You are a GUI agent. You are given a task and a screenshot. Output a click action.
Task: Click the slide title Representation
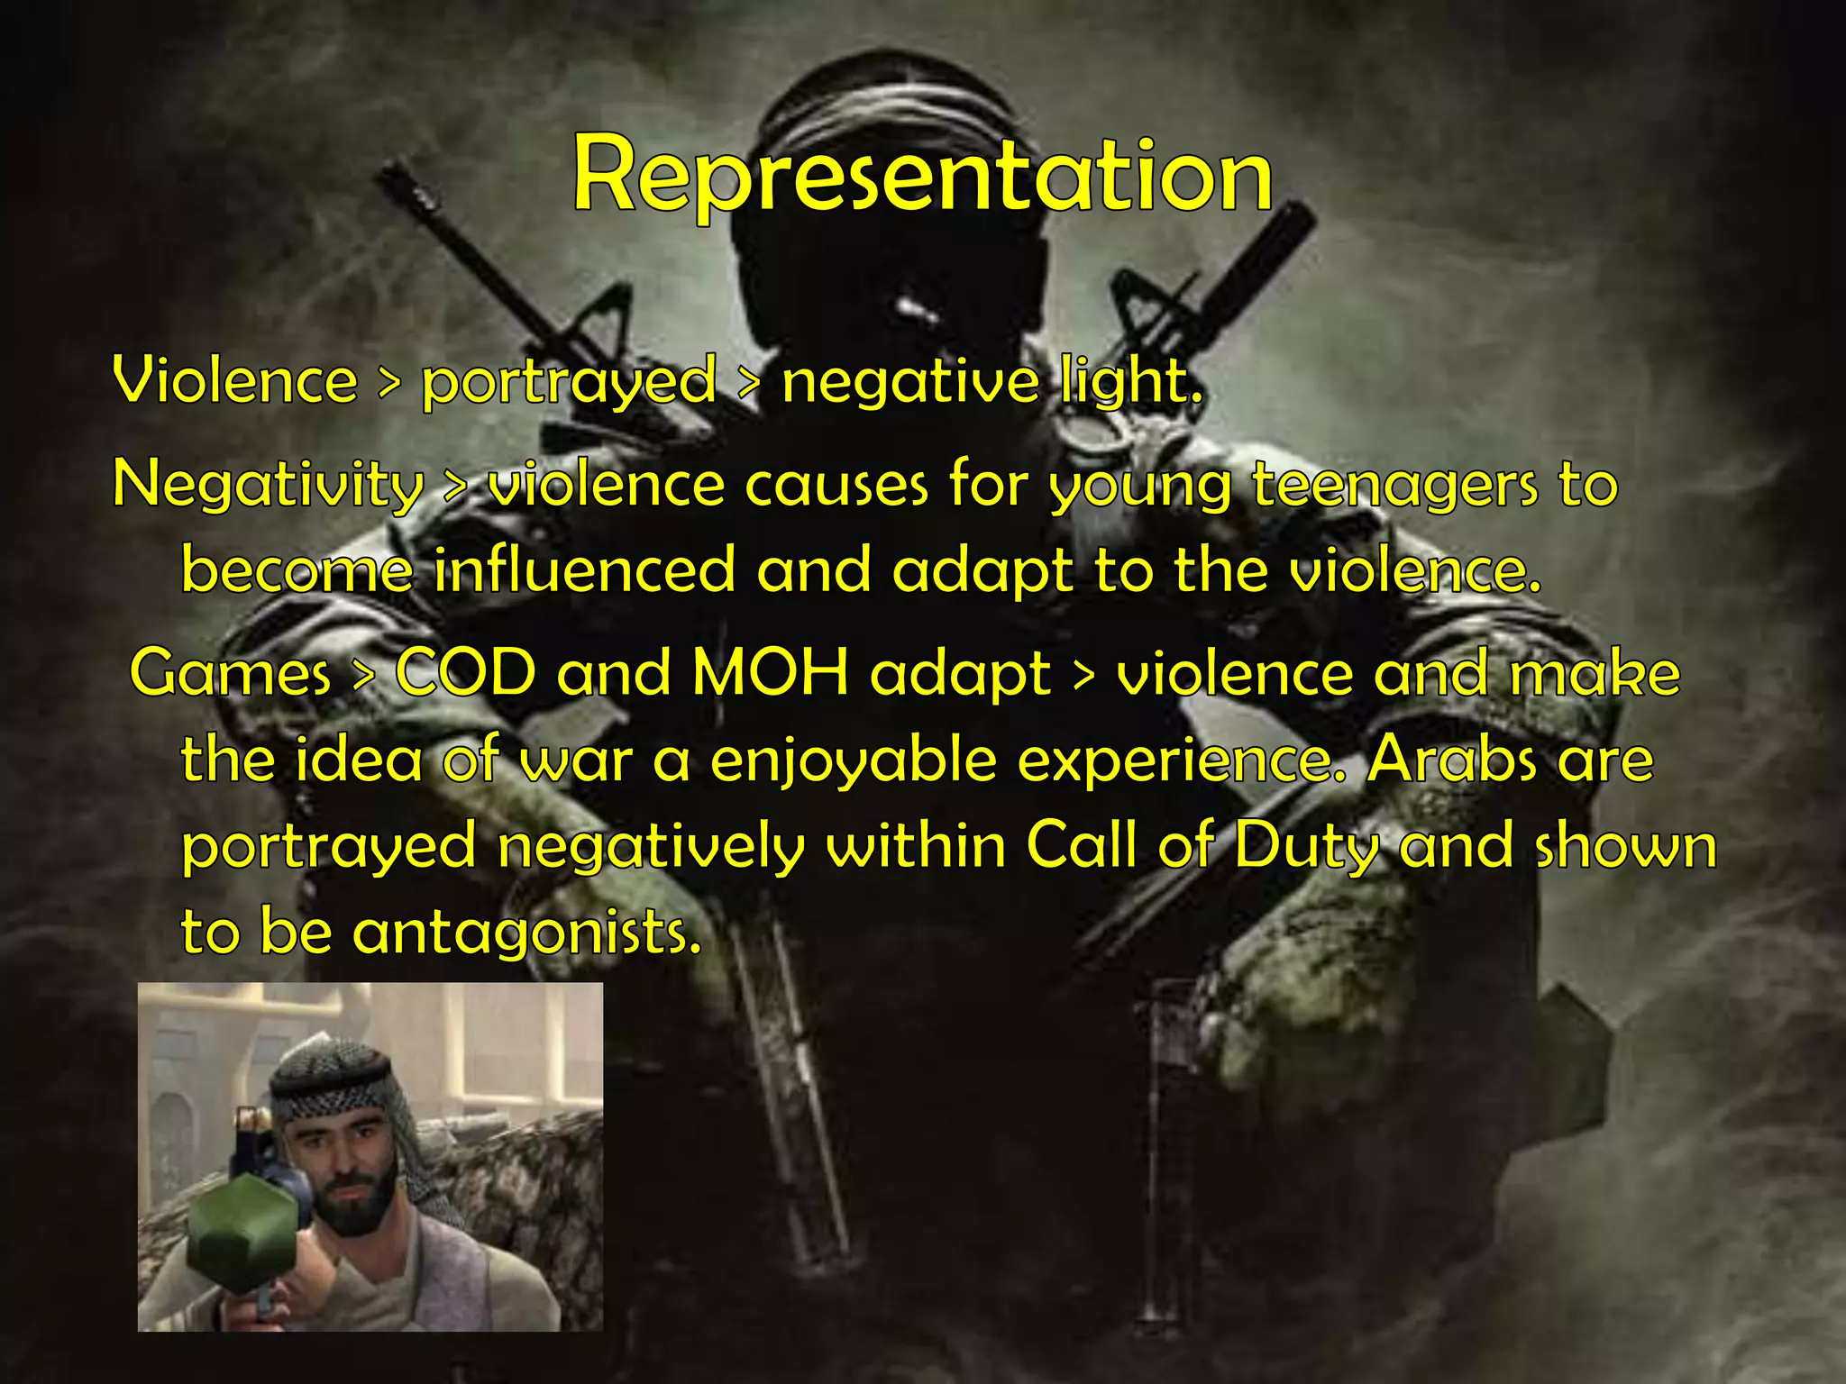pos(922,176)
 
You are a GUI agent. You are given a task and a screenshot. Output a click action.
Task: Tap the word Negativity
pos(268,485)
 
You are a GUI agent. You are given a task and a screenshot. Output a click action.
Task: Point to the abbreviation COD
pos(465,673)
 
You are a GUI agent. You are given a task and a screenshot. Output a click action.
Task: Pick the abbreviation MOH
pos(771,673)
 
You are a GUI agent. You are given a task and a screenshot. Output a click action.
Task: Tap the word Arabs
pos(1451,760)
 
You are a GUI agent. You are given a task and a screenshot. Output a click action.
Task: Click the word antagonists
pos(526,932)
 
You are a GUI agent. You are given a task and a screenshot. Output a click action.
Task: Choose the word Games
pos(231,673)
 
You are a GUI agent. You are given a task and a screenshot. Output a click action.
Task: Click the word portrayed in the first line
pos(569,382)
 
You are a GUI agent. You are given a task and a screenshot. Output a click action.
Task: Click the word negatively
pos(650,848)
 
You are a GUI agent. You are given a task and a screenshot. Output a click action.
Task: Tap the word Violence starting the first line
pos(235,380)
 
